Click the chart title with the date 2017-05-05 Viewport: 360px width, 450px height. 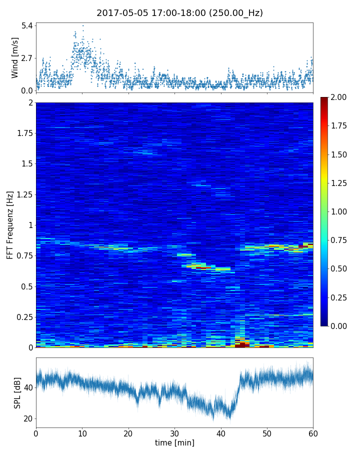pos(179,13)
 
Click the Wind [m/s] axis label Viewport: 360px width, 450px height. pos(15,58)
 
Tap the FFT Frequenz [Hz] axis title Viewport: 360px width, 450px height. pos(10,224)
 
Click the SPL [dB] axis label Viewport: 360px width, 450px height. pos(17,392)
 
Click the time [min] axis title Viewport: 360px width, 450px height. pos(174,442)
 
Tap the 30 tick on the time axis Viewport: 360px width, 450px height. pos(174,432)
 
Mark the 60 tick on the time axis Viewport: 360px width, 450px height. pos(313,432)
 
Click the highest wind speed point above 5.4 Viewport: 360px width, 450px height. pos(83,25)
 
